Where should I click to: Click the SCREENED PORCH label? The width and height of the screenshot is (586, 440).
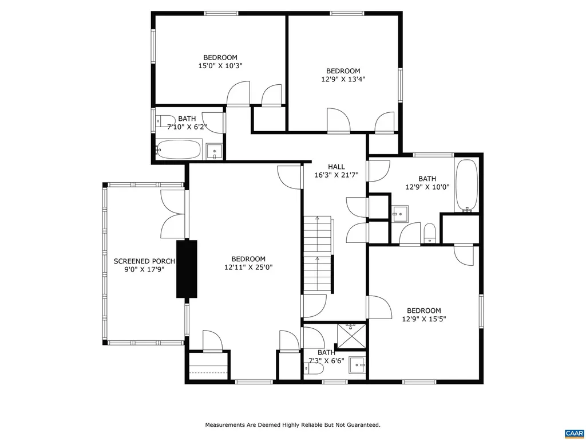(144, 261)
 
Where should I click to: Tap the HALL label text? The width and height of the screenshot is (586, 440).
(336, 167)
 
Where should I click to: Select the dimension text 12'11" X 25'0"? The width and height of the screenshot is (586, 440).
(248, 267)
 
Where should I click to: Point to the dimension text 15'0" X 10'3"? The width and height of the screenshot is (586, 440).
(220, 66)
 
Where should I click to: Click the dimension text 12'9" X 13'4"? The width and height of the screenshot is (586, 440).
(343, 80)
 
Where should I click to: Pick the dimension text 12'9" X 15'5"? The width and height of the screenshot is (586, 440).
(424, 319)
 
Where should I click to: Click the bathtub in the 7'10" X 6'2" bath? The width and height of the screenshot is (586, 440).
(179, 150)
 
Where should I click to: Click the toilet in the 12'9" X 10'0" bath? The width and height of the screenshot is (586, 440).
(430, 233)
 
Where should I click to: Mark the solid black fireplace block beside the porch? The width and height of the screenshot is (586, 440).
(187, 269)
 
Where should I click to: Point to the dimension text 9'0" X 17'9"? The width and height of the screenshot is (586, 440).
(144, 270)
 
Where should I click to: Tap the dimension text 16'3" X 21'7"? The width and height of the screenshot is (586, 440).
(336, 175)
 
